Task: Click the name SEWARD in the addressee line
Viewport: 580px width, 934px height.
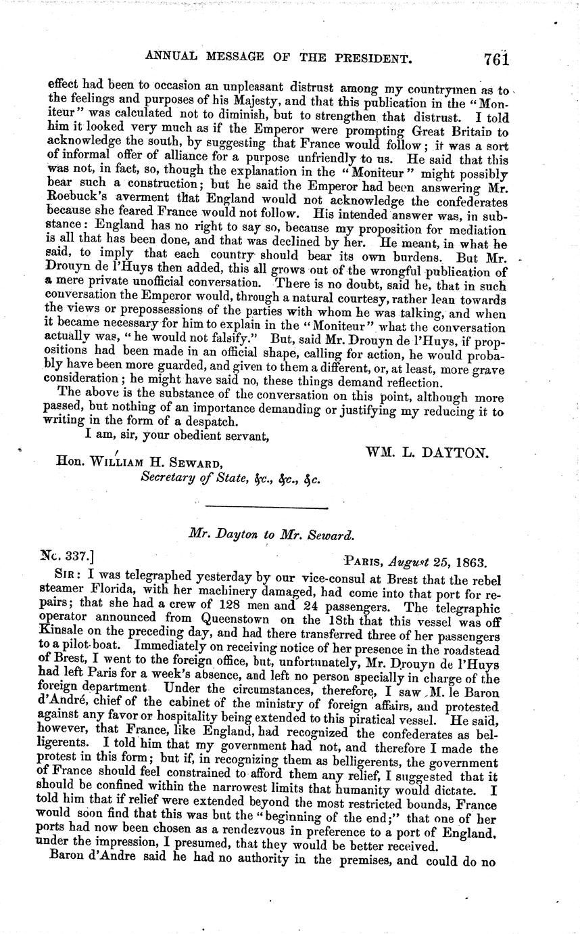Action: [x=191, y=464]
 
